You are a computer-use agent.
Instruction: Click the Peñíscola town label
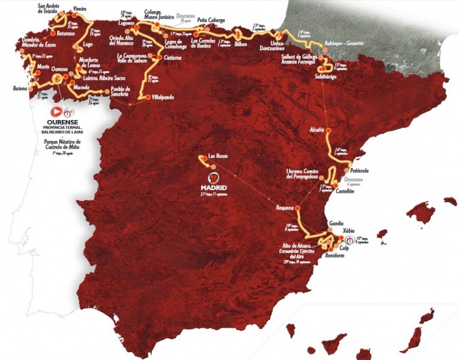[357, 170]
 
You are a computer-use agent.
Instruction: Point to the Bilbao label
[241, 44]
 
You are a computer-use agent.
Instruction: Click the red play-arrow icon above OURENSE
[56, 112]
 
